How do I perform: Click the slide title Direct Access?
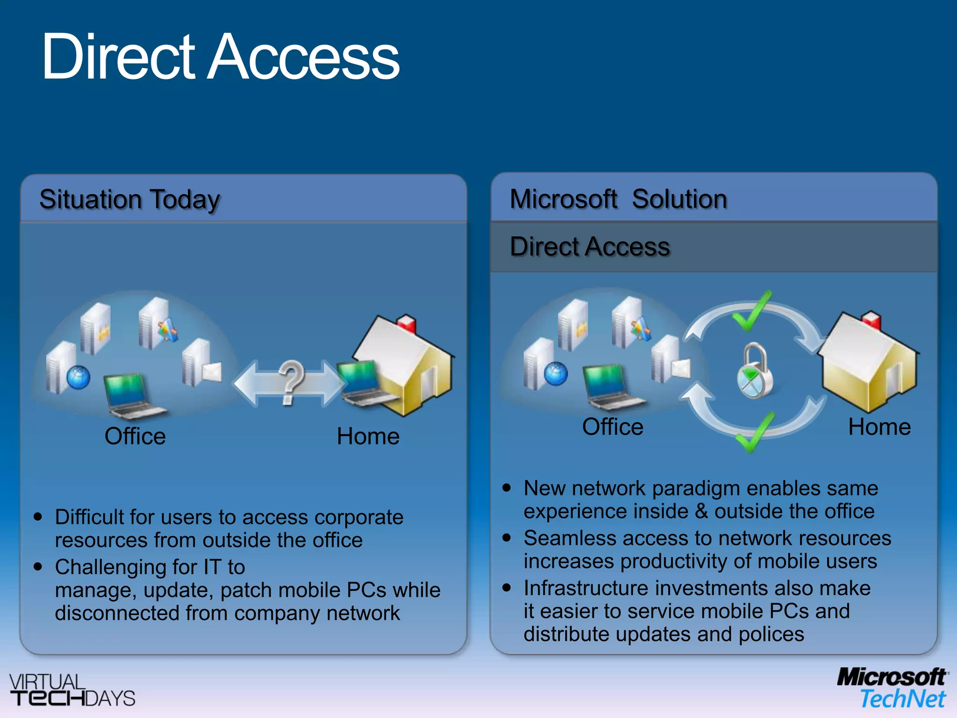pyautogui.click(x=220, y=57)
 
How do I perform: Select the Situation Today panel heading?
pyautogui.click(x=129, y=200)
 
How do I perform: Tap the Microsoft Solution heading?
pyautogui.click(x=618, y=199)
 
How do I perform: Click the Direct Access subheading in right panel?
pyautogui.click(x=590, y=247)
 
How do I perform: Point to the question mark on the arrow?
pyautogui.click(x=290, y=381)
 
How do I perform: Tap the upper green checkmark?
pyautogui.click(x=751, y=312)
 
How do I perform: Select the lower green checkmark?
pyautogui.click(x=754, y=433)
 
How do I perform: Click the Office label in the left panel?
pyautogui.click(x=135, y=436)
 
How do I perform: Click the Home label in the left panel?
pyautogui.click(x=368, y=436)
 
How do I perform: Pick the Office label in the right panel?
pyautogui.click(x=613, y=427)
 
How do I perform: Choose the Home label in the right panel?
pyautogui.click(x=879, y=427)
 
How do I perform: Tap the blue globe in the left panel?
pyautogui.click(x=78, y=377)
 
